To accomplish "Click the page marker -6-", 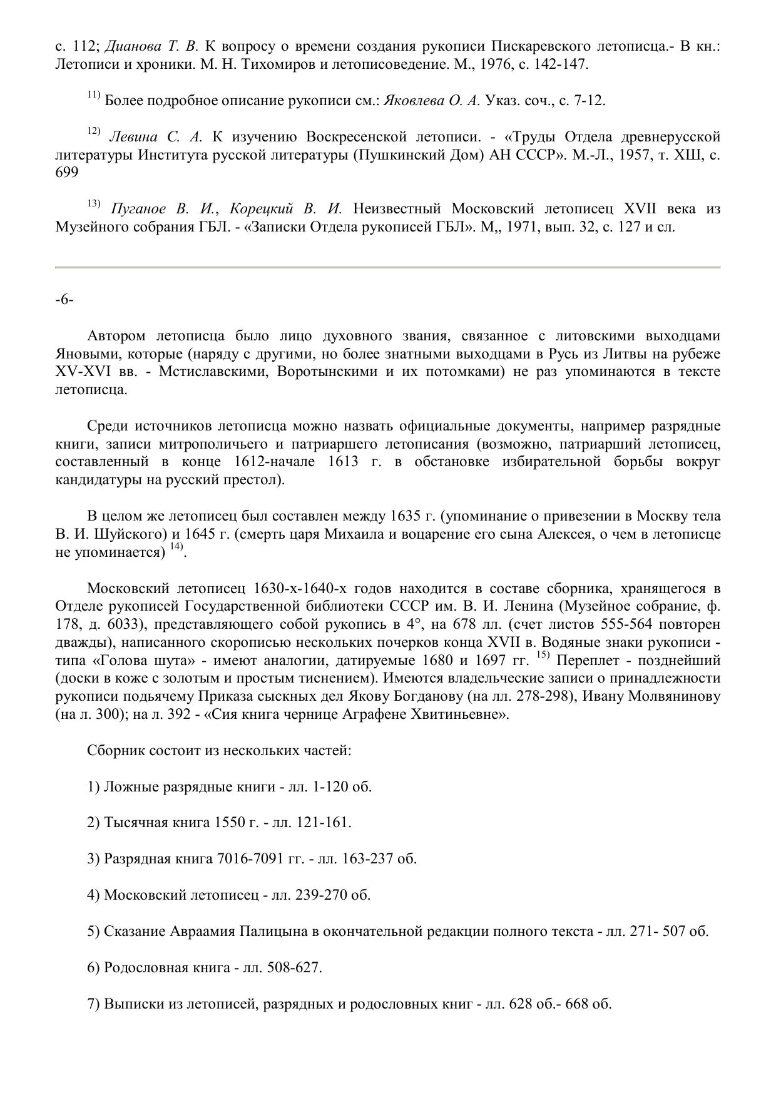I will point(64,300).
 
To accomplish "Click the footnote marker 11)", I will point(94,96).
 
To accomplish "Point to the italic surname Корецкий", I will point(260,209).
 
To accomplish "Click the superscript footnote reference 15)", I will point(543,656).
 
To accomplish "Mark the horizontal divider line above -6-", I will point(387,267).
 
